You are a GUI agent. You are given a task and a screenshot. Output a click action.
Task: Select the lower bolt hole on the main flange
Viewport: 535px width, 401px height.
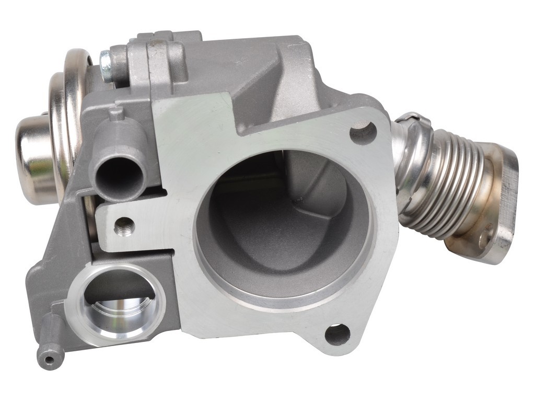click(x=337, y=334)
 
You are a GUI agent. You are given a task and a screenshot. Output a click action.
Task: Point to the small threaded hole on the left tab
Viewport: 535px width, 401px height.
click(x=124, y=226)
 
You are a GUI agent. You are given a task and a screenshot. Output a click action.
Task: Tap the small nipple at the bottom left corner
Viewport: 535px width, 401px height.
click(x=50, y=359)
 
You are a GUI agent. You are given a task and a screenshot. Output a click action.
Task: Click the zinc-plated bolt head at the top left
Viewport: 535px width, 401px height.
click(x=106, y=66)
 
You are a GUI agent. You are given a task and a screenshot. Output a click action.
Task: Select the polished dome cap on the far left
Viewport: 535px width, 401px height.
click(x=34, y=159)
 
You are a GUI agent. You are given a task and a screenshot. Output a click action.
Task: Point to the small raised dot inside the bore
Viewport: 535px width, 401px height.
click(x=299, y=201)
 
